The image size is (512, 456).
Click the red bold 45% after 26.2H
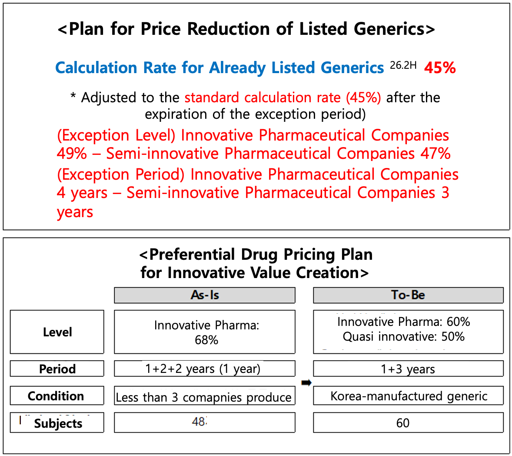tap(440, 68)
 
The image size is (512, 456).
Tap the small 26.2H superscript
tap(403, 65)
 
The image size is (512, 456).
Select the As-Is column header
tap(205, 295)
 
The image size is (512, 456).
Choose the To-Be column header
tap(408, 295)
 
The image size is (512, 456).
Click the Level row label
tap(57, 332)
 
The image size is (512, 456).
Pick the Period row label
tap(57, 369)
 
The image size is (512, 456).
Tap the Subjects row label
tap(58, 423)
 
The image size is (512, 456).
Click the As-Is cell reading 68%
tap(206, 340)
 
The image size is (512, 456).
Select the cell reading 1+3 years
tap(408, 369)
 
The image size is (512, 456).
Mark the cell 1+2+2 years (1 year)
tap(203, 369)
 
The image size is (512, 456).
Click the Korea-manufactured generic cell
tap(409, 396)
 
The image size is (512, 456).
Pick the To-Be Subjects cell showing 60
tap(403, 423)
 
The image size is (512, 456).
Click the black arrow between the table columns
tap(306, 382)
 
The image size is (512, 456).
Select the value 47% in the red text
tap(436, 154)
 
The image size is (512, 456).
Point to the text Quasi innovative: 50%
tap(403, 336)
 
